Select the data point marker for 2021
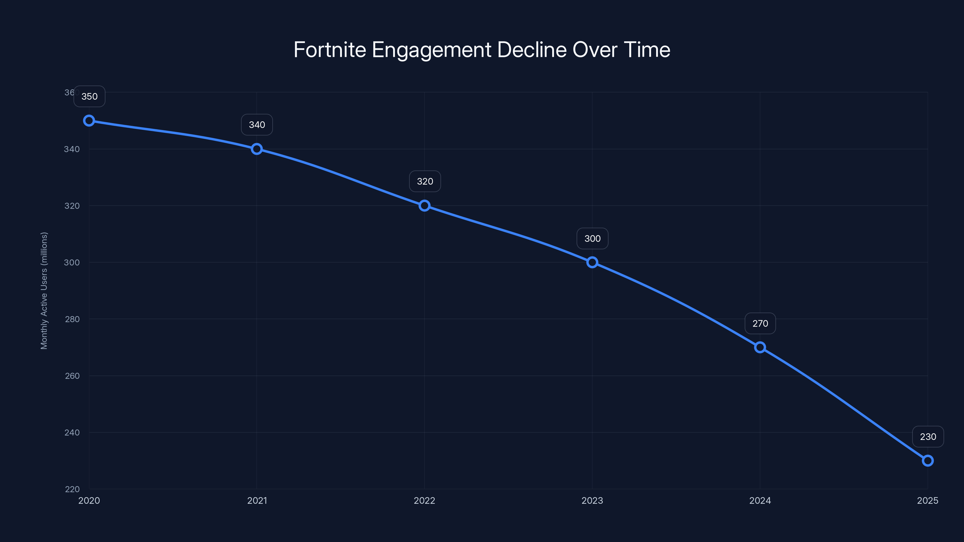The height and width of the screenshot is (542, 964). click(x=257, y=149)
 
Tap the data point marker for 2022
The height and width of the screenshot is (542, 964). click(x=424, y=206)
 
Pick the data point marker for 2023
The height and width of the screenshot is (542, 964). click(x=592, y=262)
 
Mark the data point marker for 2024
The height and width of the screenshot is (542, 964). click(x=760, y=347)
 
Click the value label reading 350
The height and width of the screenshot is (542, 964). click(x=89, y=96)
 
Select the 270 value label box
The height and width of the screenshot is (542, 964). click(x=760, y=324)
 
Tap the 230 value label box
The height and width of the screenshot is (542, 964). click(x=928, y=437)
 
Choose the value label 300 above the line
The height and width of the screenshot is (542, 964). click(x=592, y=239)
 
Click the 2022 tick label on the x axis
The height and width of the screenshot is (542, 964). click(x=424, y=500)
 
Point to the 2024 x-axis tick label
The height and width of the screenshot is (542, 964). click(x=760, y=500)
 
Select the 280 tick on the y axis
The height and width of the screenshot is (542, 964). click(x=72, y=319)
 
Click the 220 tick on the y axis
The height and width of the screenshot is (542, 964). click(x=72, y=489)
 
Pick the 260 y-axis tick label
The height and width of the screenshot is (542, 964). click(x=72, y=375)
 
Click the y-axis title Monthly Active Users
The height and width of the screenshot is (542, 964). click(x=44, y=291)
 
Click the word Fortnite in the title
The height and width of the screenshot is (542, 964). click(x=330, y=50)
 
